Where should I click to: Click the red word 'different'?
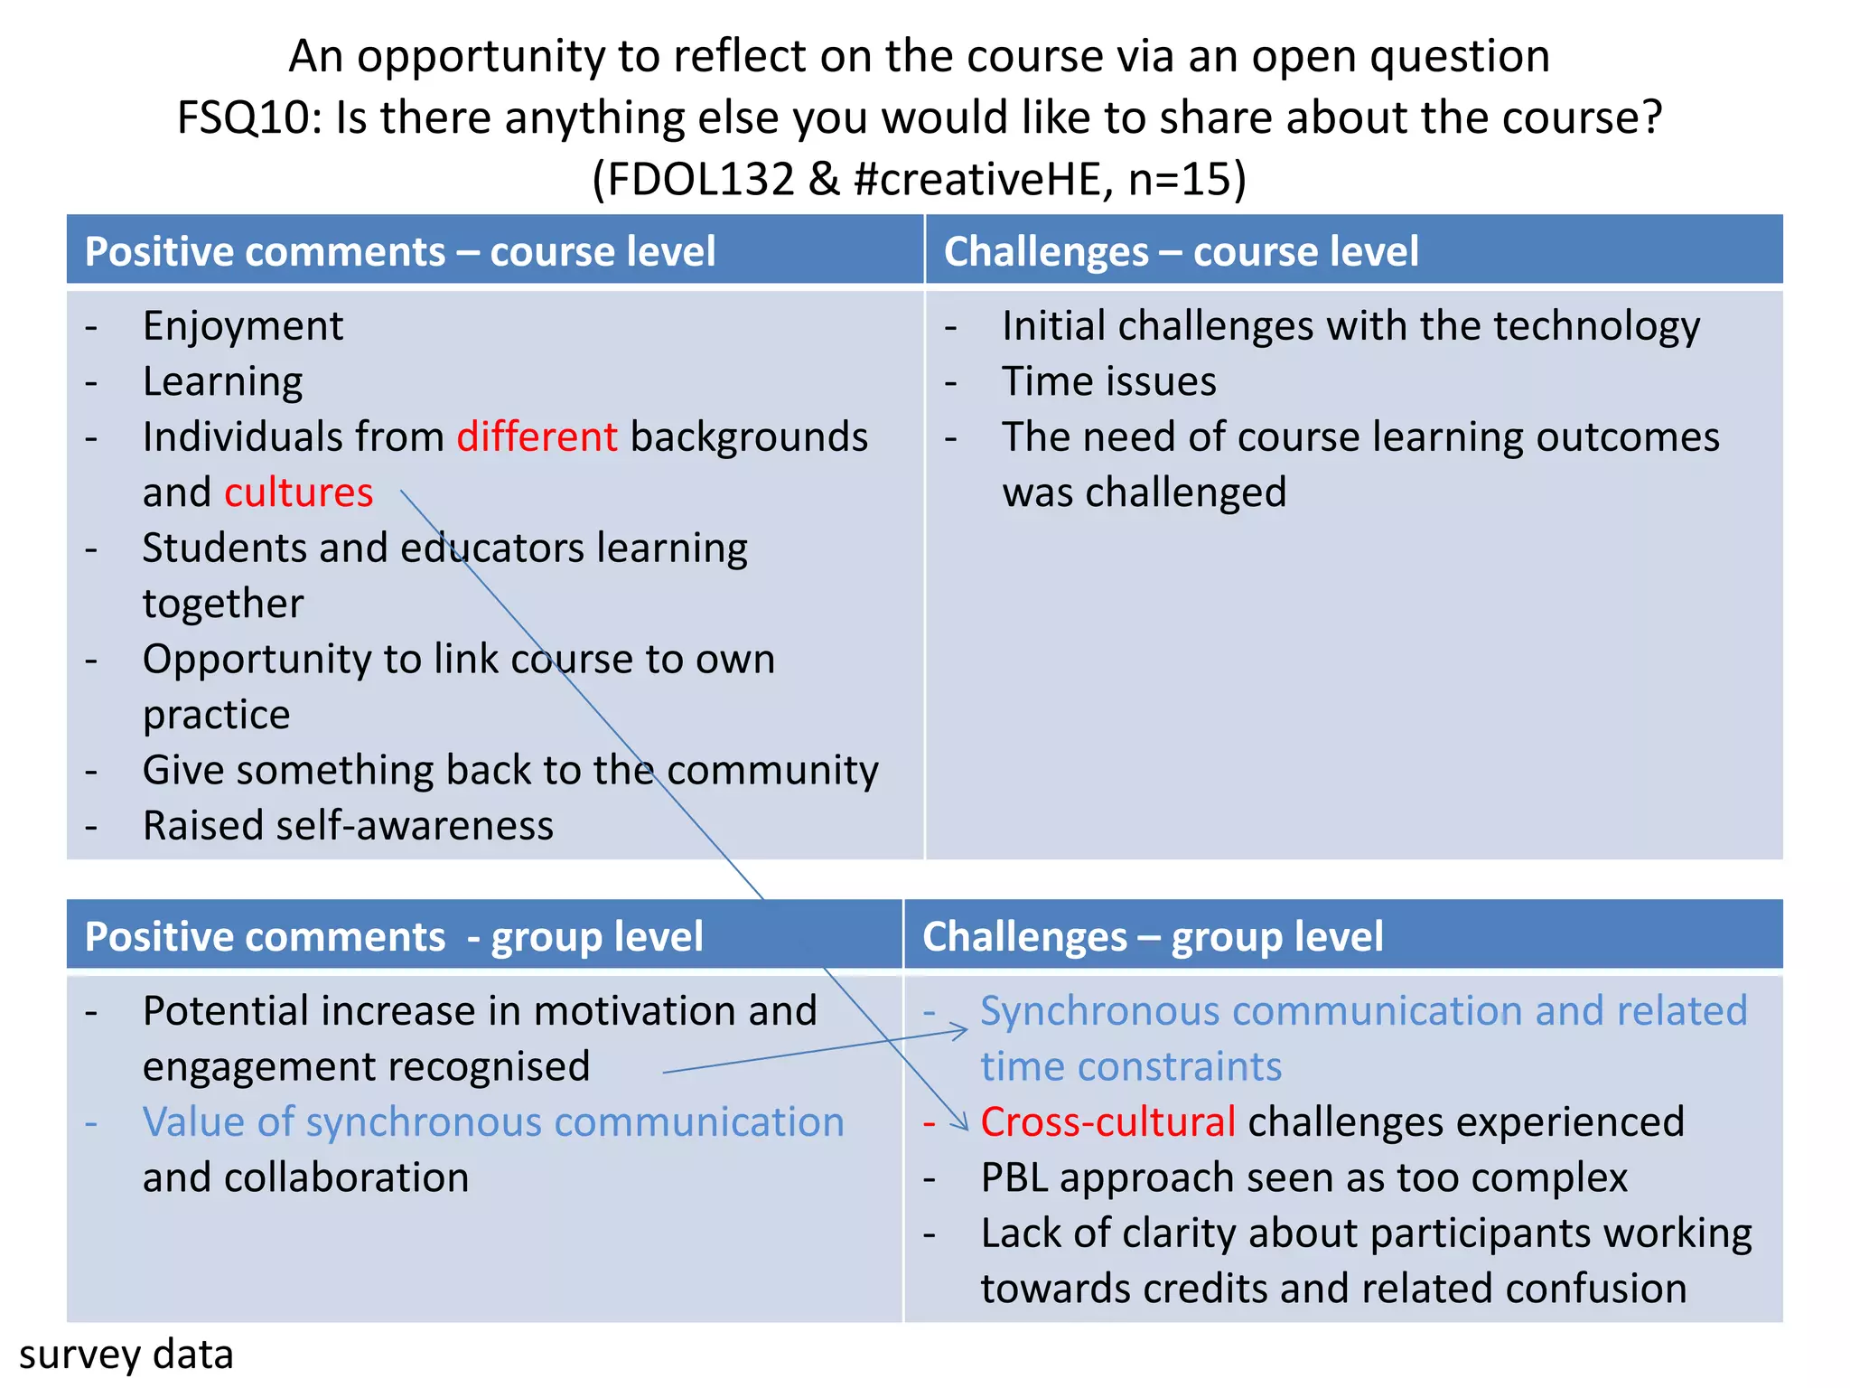[x=537, y=437]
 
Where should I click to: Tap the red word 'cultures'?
[x=298, y=493]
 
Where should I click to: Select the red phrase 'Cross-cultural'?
[x=1107, y=1122]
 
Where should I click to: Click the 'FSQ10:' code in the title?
[x=249, y=118]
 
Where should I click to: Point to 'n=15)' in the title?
[x=1187, y=179]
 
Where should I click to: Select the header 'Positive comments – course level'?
[x=399, y=251]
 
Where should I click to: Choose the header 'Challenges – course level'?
[x=1181, y=251]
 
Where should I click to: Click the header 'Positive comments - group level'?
[x=394, y=937]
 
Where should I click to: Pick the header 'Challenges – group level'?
[x=1153, y=937]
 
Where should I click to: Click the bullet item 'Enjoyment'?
[x=243, y=326]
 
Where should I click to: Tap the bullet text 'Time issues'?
[x=1109, y=382]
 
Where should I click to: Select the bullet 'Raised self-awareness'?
[x=348, y=827]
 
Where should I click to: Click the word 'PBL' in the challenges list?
[x=1014, y=1178]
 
